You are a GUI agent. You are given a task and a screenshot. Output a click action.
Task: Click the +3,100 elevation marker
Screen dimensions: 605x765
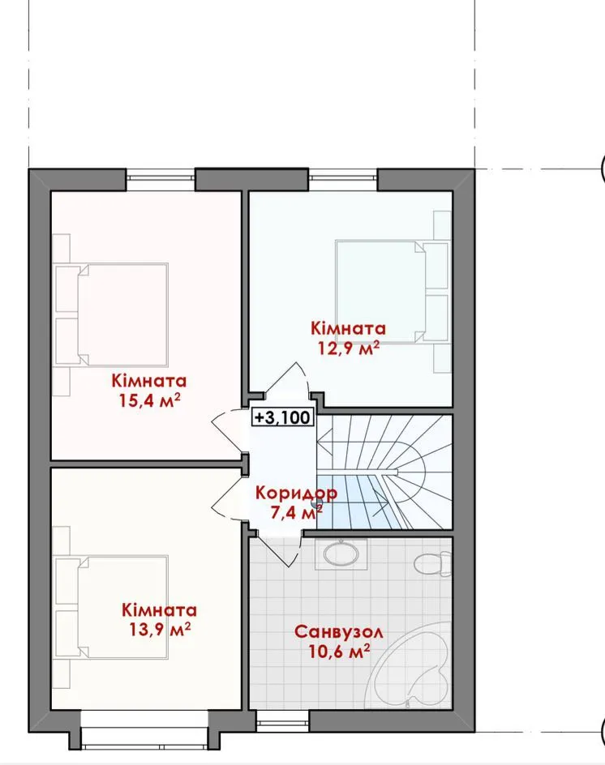[283, 417]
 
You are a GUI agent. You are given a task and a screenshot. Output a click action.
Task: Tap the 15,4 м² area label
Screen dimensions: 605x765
[149, 400]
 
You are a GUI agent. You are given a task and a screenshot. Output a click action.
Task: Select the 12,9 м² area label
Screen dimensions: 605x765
[349, 348]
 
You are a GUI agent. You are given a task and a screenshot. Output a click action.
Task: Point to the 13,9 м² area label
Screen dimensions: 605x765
[159, 630]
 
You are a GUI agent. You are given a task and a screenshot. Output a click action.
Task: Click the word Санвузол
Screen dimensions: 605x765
[338, 632]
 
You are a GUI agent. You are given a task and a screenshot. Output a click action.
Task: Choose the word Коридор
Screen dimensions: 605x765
[296, 494]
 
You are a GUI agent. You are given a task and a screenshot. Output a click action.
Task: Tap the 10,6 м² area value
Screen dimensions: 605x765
[339, 652]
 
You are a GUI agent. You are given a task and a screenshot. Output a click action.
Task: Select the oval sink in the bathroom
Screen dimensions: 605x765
[341, 554]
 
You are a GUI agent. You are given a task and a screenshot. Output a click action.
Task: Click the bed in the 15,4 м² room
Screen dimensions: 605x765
[111, 314]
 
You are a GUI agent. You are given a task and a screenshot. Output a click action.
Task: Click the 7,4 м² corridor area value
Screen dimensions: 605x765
[296, 512]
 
